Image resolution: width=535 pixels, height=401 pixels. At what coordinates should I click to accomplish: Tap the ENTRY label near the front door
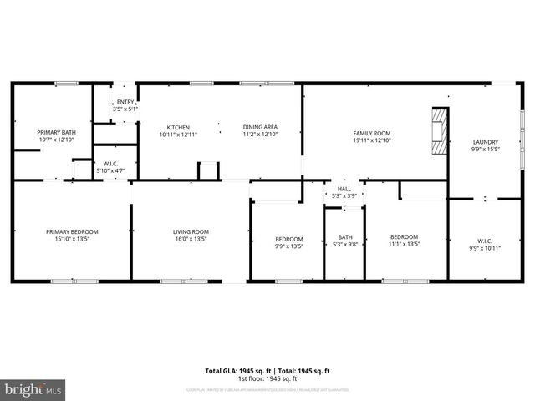125,102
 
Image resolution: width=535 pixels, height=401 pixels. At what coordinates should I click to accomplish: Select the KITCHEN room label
177,127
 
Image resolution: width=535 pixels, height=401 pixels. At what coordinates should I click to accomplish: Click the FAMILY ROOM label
372,133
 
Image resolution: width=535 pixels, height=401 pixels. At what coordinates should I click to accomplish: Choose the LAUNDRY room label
485,142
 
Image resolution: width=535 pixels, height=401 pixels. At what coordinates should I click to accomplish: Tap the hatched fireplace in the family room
439,132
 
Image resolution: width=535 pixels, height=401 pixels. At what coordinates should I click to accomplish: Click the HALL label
344,189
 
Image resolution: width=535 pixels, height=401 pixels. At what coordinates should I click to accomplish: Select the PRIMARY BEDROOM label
72,231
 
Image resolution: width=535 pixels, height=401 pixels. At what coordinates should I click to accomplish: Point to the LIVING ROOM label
191,231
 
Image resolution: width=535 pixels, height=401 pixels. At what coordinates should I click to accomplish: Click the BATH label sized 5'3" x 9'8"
344,237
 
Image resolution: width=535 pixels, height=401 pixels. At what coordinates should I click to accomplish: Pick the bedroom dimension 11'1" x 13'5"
403,245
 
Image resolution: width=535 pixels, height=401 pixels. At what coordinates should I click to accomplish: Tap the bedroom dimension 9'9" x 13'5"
288,246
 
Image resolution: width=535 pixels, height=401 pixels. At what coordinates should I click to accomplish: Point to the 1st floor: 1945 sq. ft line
267,378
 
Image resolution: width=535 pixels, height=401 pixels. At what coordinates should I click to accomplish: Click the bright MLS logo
33,389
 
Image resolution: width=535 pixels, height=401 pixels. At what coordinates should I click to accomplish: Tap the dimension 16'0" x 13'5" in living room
191,239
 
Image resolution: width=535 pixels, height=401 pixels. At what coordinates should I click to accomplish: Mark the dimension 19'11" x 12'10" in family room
372,140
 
